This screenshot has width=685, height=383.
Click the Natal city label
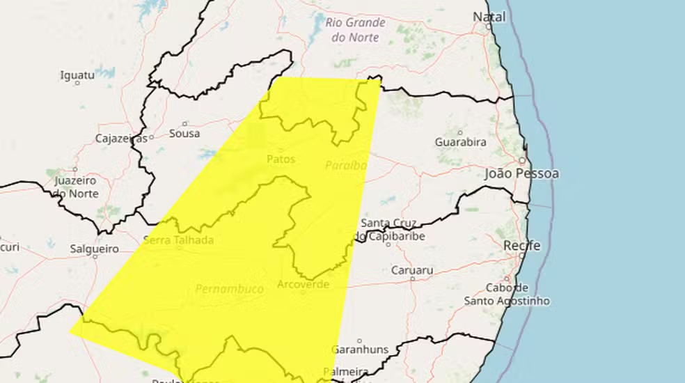489,16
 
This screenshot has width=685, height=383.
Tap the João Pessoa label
522,173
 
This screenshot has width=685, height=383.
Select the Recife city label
522,246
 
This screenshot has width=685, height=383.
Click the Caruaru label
412,269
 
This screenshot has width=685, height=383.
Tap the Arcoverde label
303,284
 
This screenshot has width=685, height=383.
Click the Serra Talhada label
178,240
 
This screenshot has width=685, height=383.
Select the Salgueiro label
93,248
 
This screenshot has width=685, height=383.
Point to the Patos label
281,159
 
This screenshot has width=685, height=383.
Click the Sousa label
184,133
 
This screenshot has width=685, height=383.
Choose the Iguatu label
77,75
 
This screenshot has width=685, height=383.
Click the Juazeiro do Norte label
76,187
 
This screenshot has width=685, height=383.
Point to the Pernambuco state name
229,288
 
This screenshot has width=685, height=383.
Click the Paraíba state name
346,165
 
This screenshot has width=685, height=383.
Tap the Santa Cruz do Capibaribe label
388,229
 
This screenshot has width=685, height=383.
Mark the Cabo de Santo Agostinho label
507,294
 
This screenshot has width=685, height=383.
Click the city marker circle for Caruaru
412,279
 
